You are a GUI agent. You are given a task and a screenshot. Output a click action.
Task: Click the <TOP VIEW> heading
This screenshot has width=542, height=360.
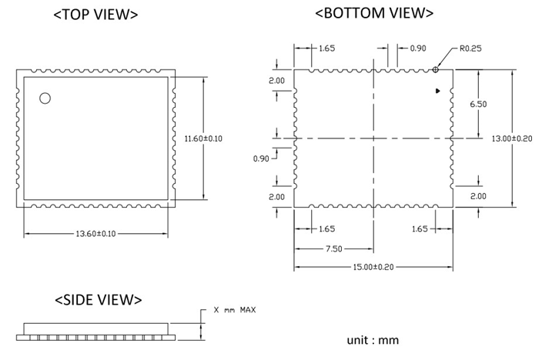95,15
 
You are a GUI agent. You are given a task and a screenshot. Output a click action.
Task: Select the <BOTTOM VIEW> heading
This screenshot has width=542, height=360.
375,12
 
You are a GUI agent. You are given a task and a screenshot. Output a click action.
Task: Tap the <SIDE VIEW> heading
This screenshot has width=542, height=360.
98,299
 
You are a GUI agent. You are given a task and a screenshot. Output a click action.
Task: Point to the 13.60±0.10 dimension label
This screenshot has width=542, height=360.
96,233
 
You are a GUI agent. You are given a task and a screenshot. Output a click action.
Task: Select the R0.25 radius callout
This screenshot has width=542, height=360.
470,48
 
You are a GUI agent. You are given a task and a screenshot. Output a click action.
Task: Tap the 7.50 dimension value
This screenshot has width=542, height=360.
333,249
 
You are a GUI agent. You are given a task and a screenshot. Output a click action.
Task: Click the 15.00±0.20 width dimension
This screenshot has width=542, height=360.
373,267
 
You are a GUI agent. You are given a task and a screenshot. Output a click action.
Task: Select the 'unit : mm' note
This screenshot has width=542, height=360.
373,339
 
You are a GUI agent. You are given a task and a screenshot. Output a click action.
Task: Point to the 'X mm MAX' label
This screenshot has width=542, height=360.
235,310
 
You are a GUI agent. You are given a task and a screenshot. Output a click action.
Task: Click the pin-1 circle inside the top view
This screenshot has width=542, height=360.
45,98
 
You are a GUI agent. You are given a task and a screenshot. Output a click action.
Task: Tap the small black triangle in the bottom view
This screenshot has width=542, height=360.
438,91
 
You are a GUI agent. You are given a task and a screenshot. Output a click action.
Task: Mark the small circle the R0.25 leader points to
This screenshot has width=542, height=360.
436,69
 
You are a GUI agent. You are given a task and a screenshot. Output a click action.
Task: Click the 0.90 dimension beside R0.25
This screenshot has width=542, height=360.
417,48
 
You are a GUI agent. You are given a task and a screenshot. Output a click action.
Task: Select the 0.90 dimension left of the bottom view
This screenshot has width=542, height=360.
262,158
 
